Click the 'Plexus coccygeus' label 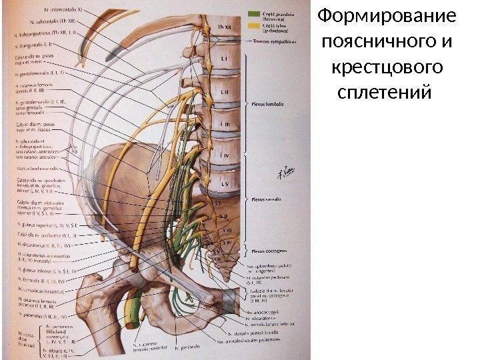[267, 251]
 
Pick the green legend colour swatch [254, 13]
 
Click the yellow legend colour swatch [254, 26]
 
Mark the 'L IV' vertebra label [225, 155]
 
